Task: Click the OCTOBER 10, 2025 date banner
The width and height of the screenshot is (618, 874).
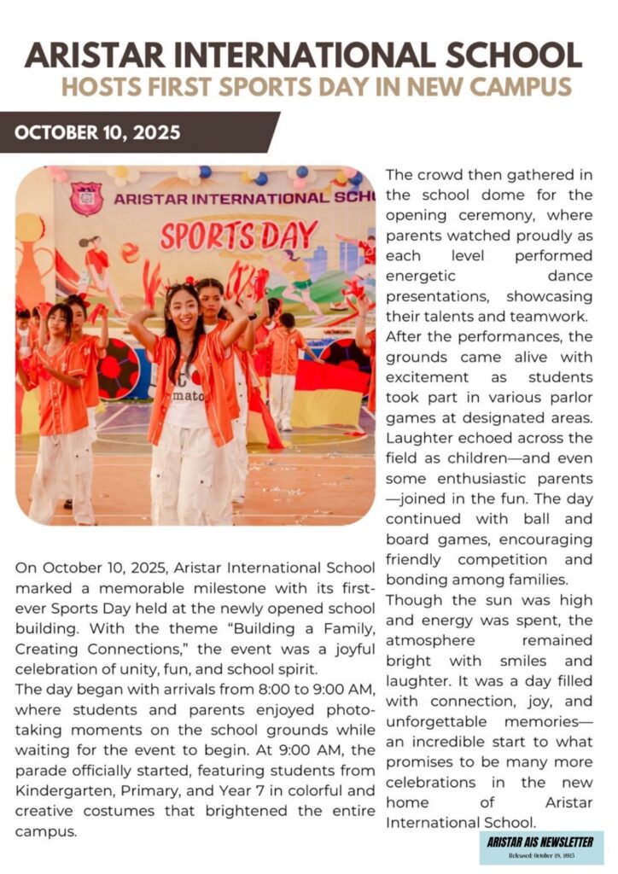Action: coord(98,132)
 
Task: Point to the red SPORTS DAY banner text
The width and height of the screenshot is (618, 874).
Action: coord(239,236)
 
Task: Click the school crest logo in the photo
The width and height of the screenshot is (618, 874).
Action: coord(87,199)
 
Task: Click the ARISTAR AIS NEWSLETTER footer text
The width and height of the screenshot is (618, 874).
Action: coord(540,842)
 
